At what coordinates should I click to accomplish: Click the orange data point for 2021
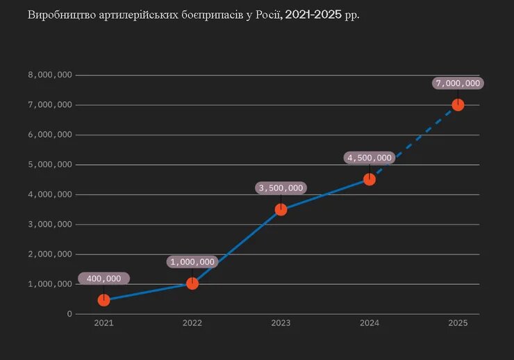[103, 300]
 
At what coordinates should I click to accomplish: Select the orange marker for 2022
[192, 283]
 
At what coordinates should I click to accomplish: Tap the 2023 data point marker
[281, 209]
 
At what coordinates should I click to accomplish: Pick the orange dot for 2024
[370, 179]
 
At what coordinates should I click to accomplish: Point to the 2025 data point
[458, 105]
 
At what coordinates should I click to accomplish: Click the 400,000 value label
[103, 279]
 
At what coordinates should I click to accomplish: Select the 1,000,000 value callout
[192, 262]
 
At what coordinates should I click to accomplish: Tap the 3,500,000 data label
[281, 188]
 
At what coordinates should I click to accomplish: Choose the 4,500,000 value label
[370, 158]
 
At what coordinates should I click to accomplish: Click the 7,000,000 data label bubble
[458, 83]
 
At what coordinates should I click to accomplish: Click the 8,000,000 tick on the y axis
[50, 75]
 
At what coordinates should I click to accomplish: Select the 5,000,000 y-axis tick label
[50, 165]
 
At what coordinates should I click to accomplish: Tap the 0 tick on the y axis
[69, 314]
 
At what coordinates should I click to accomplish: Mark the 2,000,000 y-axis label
[50, 254]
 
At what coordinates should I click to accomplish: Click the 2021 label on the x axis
[103, 323]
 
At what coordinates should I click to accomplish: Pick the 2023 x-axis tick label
[281, 323]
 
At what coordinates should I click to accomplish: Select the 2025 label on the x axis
[458, 323]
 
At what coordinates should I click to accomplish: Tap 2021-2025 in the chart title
[313, 15]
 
